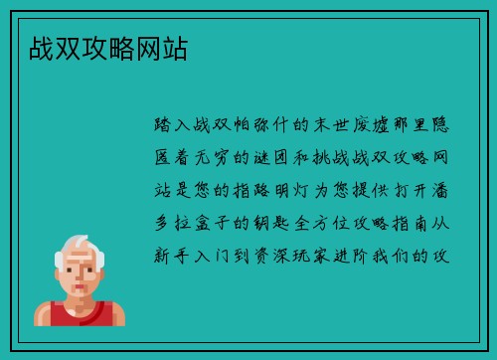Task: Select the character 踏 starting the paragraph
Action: (x=165, y=127)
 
